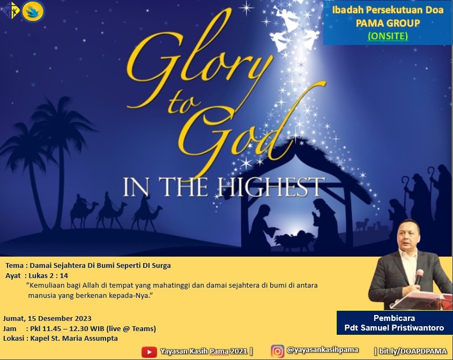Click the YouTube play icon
[149, 352]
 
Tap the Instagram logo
[277, 351]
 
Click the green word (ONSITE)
[388, 36]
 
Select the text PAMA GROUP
[388, 23]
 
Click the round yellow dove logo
[33, 12]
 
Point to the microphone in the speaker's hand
[419, 276]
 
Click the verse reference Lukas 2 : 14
[48, 275]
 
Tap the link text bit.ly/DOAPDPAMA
[413, 351]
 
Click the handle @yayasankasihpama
[322, 350]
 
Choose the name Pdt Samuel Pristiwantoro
[394, 328]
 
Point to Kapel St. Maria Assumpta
[74, 339]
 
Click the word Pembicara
[394, 318]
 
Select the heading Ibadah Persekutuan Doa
[388, 10]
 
